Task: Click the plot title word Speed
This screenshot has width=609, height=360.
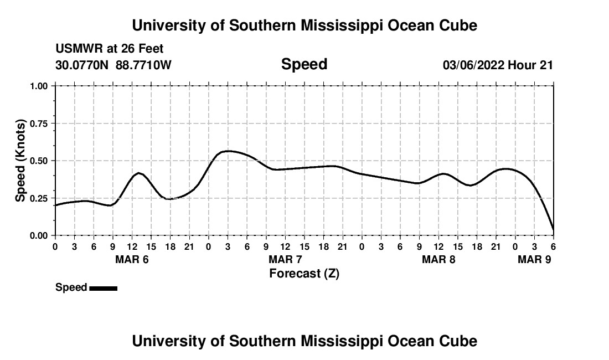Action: point(304,64)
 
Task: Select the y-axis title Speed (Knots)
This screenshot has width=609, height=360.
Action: point(20,160)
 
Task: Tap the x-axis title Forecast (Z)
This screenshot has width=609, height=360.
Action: point(304,273)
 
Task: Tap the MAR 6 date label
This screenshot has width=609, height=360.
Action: point(132,259)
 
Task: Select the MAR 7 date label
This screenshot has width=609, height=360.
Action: point(285,259)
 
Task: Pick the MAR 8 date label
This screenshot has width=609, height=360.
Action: point(438,259)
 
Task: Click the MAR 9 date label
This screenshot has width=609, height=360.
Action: point(534,259)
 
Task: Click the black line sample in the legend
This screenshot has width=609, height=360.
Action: point(103,288)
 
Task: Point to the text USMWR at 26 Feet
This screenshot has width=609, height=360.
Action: point(109,49)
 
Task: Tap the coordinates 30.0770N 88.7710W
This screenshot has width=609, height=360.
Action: point(113,65)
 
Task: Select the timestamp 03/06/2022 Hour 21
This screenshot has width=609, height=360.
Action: point(498,65)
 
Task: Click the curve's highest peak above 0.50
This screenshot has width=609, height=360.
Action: point(228,151)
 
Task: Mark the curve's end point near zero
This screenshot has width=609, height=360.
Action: point(553,230)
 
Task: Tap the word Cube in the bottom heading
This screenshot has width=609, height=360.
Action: point(460,341)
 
